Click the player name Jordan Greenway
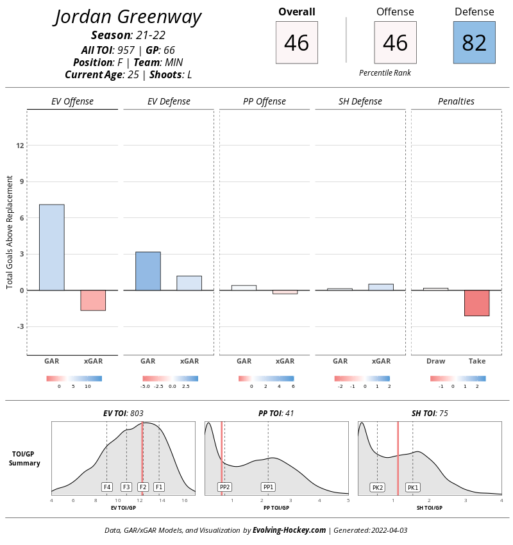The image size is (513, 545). (x=128, y=17)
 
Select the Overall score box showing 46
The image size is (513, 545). (x=296, y=42)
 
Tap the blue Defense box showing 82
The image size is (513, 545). (x=474, y=42)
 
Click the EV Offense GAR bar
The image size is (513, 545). (x=52, y=247)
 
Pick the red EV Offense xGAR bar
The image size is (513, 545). (x=93, y=300)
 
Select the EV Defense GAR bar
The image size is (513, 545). (x=147, y=271)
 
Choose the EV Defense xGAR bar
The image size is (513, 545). (x=189, y=283)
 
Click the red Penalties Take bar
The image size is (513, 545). (x=476, y=303)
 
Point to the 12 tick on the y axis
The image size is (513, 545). (x=21, y=146)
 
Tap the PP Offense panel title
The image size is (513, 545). (x=264, y=101)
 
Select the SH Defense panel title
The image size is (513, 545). (x=360, y=101)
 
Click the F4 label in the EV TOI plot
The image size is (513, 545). (x=107, y=487)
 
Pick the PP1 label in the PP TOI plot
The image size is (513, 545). (x=268, y=487)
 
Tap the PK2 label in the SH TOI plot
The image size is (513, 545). (x=377, y=487)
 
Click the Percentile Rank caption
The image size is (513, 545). (x=385, y=73)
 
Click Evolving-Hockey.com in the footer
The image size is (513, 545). (x=289, y=530)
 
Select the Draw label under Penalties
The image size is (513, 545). (x=435, y=361)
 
